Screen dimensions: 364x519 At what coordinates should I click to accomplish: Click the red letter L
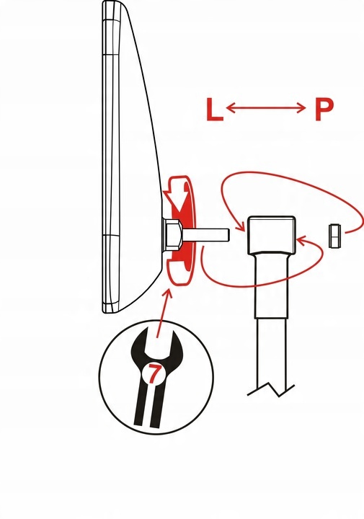(x=214, y=110)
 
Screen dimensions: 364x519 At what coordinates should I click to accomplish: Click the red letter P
(x=324, y=110)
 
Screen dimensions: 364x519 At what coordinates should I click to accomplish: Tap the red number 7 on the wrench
(x=154, y=374)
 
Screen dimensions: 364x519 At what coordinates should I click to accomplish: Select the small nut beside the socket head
(x=335, y=236)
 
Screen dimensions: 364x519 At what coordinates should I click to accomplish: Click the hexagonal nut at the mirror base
(x=173, y=236)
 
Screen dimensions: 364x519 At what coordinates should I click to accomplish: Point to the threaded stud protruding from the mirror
(x=205, y=235)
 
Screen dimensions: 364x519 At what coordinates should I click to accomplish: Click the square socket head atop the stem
(x=272, y=235)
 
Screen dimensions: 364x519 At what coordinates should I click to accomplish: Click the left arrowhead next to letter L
(x=231, y=107)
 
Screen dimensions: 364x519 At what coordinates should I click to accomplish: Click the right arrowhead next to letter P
(x=301, y=107)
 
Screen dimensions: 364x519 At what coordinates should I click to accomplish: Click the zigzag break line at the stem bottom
(x=271, y=389)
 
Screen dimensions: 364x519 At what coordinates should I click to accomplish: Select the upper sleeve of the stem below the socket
(x=271, y=285)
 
